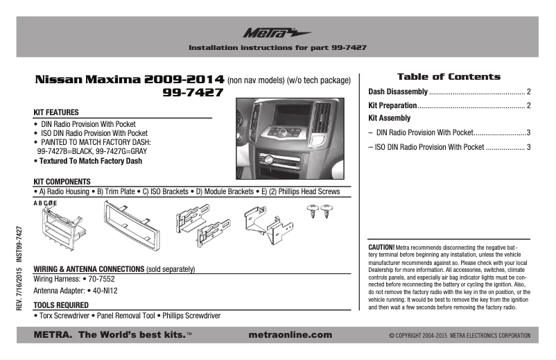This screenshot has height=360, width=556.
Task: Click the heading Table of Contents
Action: coord(448,76)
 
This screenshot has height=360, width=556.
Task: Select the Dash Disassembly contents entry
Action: coord(397,92)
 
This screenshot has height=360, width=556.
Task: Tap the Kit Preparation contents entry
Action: coord(392,105)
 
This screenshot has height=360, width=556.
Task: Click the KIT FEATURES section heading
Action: coord(56,112)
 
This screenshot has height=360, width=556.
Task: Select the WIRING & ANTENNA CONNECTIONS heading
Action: coord(89,268)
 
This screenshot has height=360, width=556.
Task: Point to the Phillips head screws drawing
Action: coord(318,211)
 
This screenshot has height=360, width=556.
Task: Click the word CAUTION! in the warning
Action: coord(381,247)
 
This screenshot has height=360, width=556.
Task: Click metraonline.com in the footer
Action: coord(289,335)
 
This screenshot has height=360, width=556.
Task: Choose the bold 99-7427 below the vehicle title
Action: coord(193,92)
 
